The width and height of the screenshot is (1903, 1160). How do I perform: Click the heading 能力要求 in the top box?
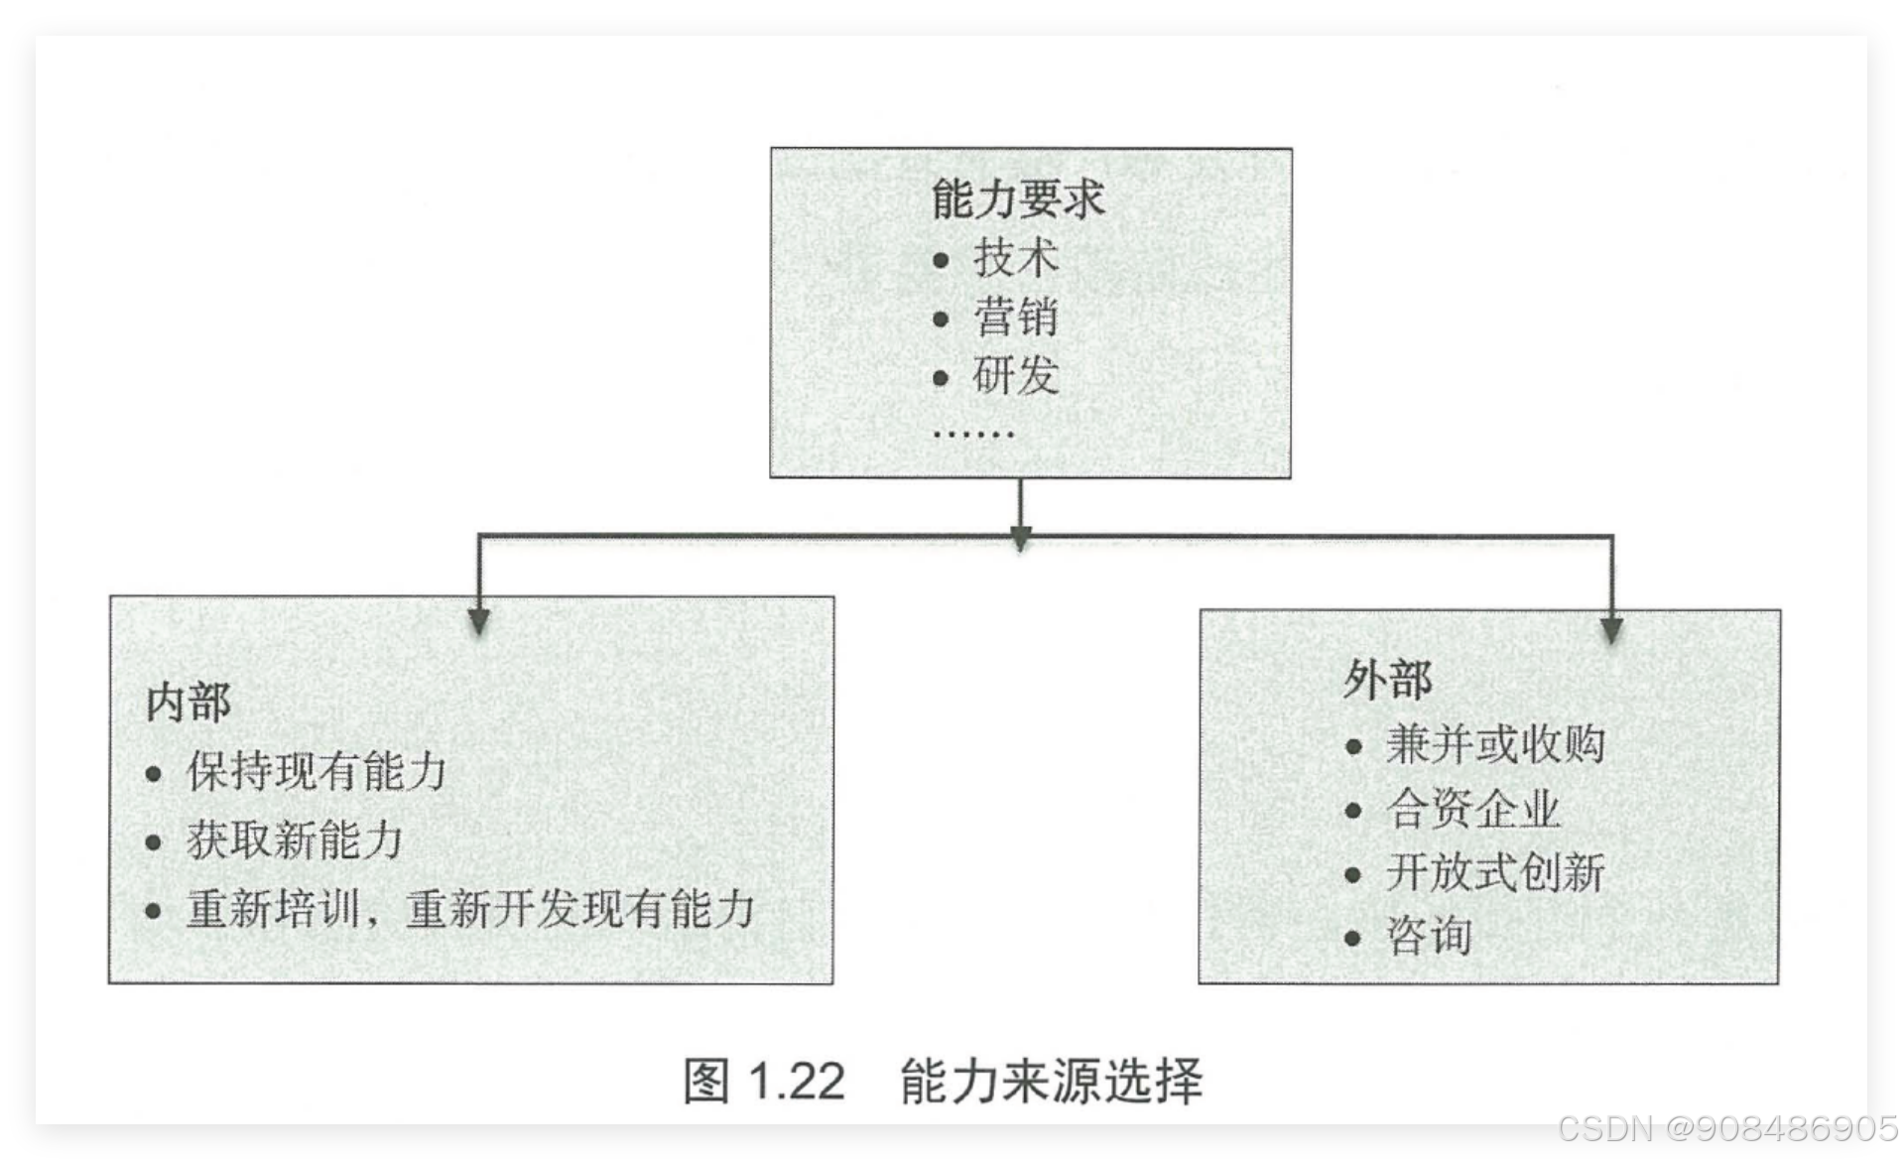1017,199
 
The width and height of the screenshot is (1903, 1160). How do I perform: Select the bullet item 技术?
1016,258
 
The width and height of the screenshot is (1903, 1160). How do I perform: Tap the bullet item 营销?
1016,318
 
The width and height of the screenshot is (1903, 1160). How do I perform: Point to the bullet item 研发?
1016,376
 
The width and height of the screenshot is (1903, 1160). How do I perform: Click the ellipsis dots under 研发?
973,435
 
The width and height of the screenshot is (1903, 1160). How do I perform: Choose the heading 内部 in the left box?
189,703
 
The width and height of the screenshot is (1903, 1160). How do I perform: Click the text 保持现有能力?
317,772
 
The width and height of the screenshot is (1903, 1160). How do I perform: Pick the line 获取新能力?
295,840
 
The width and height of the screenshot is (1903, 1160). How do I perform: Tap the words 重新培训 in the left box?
273,909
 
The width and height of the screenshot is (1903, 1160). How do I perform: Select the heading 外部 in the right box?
1387,680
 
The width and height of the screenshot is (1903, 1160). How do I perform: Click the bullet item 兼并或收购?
1494,744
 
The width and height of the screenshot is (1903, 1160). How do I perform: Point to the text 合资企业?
1472,809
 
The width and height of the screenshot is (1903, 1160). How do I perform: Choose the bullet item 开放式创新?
1494,873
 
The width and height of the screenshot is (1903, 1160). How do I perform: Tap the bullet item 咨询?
1429,937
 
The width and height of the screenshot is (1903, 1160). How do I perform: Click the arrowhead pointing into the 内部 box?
479,621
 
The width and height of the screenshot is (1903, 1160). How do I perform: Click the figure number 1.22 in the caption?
796,1081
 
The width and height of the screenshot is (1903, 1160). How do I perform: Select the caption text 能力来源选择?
1051,1081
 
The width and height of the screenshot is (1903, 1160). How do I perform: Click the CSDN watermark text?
1725,1128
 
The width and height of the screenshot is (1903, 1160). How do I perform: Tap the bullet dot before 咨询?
1352,938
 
